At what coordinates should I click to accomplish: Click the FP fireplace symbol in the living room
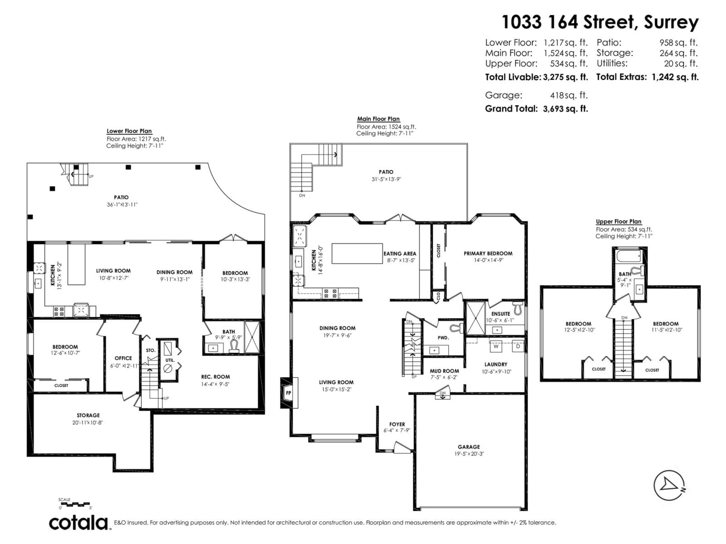(289, 393)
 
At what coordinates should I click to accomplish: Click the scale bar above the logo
(75, 503)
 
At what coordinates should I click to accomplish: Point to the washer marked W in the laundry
(496, 346)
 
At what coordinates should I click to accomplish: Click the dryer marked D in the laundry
(518, 346)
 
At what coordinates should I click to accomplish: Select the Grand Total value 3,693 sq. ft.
(565, 109)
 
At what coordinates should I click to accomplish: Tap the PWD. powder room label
(443, 337)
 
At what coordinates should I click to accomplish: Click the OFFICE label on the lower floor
(123, 358)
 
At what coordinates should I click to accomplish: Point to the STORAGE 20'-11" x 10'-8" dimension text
(88, 423)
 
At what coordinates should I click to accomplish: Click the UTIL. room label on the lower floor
(170, 360)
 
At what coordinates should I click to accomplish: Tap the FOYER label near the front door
(397, 424)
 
